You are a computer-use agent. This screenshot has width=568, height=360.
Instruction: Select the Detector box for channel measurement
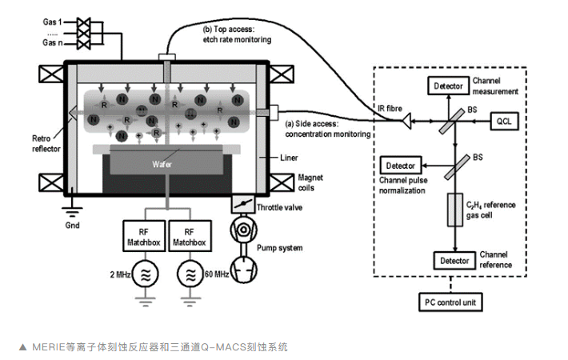(449, 86)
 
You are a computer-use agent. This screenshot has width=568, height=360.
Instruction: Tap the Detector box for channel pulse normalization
(401, 166)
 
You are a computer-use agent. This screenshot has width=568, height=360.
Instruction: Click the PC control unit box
(453, 302)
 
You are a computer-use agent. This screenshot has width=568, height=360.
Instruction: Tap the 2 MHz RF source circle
(144, 275)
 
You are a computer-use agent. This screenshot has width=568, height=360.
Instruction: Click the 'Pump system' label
(281, 248)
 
